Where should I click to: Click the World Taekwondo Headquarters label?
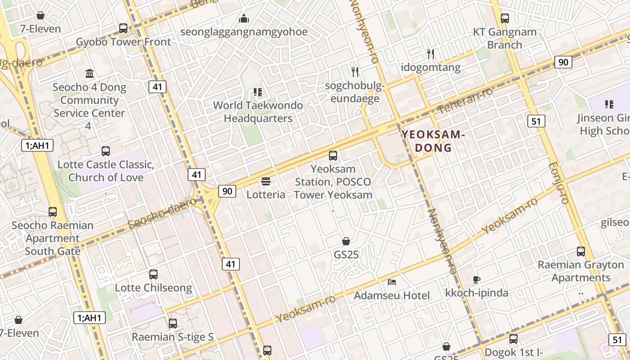coord(258,112)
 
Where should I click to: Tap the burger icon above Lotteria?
coord(266,182)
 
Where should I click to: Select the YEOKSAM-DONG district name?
coord(432,141)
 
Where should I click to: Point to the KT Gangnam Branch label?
coord(505,38)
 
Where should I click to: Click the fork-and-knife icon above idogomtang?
coord(431,54)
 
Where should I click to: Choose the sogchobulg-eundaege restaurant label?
coord(355,92)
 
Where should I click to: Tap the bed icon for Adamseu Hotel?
coord(392,282)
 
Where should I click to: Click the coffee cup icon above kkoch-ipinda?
coord(477,279)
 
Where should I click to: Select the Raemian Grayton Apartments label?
coord(580,271)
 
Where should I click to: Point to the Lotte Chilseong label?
coord(153,288)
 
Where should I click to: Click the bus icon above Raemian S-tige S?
coord(172,323)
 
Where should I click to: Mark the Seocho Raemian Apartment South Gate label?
coord(53,238)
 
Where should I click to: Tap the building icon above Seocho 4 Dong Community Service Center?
coord(90,73)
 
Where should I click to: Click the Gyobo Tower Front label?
coord(123,42)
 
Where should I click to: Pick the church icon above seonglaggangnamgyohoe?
coord(244,18)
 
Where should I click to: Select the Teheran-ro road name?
coord(465,100)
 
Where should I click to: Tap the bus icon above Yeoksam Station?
coord(333,156)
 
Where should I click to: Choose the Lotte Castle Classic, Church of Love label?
coord(106,171)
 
